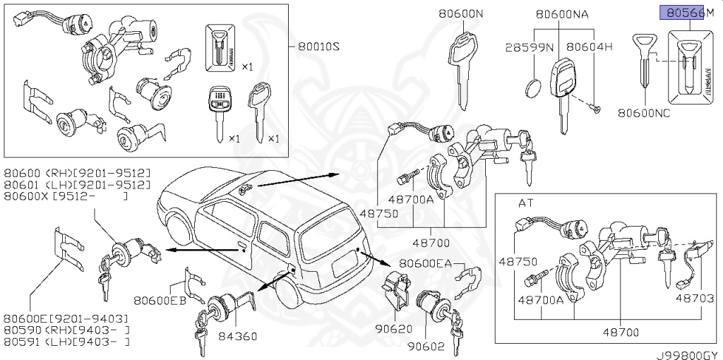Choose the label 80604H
592,47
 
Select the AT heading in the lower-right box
526,203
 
